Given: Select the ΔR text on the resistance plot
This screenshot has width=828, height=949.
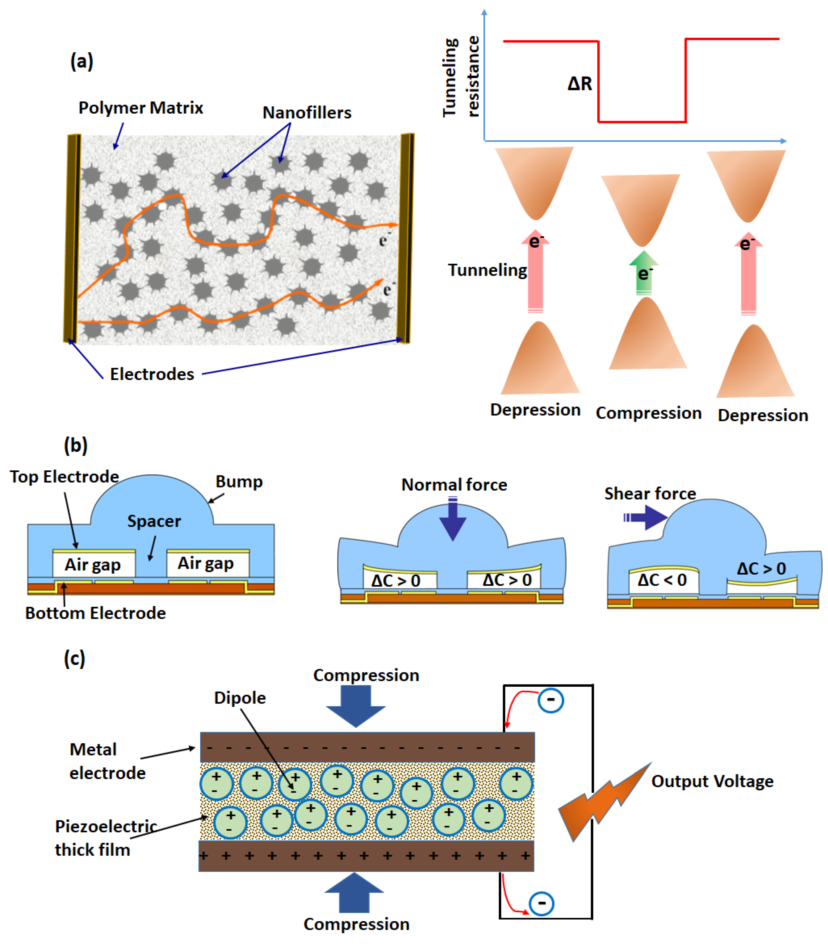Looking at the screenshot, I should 580,84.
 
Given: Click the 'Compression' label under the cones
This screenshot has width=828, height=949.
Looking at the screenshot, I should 648,413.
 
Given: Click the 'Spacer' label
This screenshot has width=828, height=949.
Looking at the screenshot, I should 154,521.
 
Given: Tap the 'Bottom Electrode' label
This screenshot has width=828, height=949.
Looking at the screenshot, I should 95,613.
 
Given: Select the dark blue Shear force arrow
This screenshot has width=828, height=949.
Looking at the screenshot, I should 647,517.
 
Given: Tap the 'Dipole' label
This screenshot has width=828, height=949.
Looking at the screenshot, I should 240,698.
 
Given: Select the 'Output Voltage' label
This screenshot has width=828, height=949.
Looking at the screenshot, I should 712,781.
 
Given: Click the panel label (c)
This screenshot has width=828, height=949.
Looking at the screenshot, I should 74,658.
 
